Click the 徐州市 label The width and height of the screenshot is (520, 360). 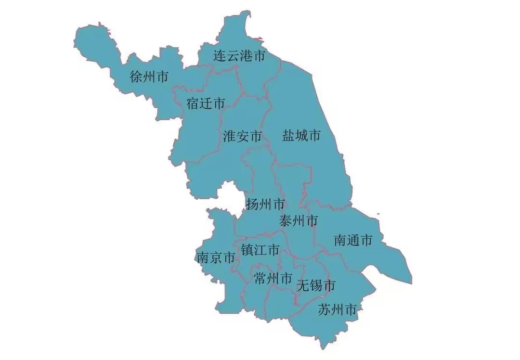tap(149, 77)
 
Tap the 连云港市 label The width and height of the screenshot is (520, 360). tap(239, 56)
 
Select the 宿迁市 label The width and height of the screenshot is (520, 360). tap(206, 103)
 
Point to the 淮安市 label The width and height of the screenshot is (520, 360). tap(242, 136)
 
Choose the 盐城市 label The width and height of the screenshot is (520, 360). tap(301, 136)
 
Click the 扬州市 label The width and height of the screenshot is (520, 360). tap(265, 204)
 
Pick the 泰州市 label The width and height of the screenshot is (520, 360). tap(299, 221)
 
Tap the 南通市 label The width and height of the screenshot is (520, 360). tap(353, 240)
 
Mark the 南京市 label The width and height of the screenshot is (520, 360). tap(216, 258)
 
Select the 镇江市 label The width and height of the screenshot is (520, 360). tap(260, 250)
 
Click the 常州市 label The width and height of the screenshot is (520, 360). tap(273, 278)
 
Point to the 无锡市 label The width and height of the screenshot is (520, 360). tap(316, 285)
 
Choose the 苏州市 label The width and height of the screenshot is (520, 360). tap(338, 309)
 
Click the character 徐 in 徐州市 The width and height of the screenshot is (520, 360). tap(137, 77)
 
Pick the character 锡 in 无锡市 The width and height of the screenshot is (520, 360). tap(316, 285)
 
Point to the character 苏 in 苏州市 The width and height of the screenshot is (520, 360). tap(325, 309)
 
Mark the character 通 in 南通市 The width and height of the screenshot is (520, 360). tap(353, 240)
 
